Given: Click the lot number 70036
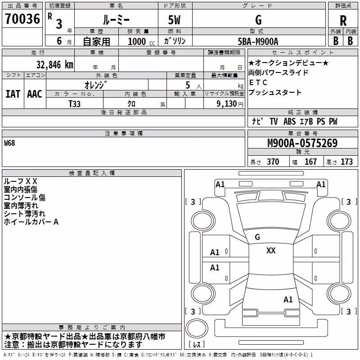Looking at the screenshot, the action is click(x=22, y=19).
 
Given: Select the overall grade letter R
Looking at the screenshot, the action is click(x=343, y=21).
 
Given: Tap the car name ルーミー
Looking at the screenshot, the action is click(x=116, y=20).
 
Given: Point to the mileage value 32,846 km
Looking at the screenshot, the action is click(x=54, y=65).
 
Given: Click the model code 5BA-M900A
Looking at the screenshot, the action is click(x=258, y=41).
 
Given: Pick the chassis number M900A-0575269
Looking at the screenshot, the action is click(x=302, y=143).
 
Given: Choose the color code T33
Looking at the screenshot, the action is click(x=74, y=104).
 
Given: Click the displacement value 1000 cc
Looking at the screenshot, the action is click(x=141, y=41).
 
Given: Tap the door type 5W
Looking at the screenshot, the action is click(x=174, y=20).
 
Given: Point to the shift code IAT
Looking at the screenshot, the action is click(x=13, y=94).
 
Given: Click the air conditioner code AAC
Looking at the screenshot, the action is click(x=35, y=94).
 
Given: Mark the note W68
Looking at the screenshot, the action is click(x=9, y=143).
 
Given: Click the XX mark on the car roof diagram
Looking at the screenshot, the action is click(x=271, y=251).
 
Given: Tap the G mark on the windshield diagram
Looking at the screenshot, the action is click(x=257, y=237).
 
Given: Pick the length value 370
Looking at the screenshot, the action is click(x=273, y=162).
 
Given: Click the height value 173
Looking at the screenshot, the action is click(x=346, y=162).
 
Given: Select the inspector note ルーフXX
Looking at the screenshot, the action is click(x=20, y=181).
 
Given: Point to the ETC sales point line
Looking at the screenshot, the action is click(x=258, y=82).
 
